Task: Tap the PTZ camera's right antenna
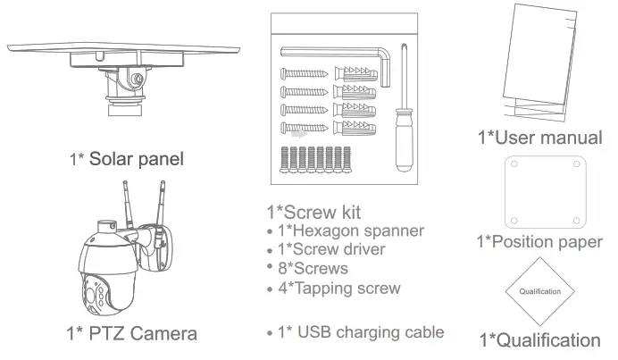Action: coord(163,204)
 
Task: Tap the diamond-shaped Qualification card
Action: coord(540,291)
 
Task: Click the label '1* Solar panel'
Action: coord(127,160)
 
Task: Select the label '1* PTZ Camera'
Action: coord(131,334)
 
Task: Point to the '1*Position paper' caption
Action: coord(539,242)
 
